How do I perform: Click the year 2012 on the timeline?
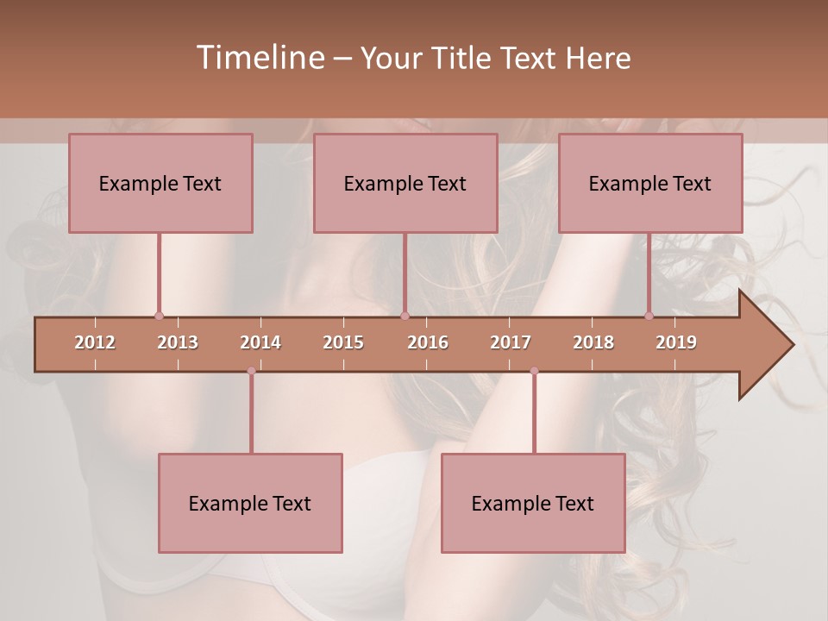(x=95, y=342)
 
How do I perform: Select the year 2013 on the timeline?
(x=178, y=342)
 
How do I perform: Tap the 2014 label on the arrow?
(x=260, y=342)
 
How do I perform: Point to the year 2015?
(x=343, y=342)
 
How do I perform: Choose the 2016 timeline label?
(x=428, y=342)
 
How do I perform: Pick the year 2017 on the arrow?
(x=511, y=342)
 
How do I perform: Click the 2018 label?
(x=593, y=342)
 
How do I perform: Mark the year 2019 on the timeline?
(x=676, y=342)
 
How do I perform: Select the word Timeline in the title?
(x=260, y=58)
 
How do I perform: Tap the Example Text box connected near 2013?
(x=160, y=183)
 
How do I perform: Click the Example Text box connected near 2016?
(x=405, y=183)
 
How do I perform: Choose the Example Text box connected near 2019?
(x=650, y=183)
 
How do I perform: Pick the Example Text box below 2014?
(x=250, y=503)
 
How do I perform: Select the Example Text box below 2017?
(x=533, y=503)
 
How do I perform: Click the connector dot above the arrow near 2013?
(x=159, y=316)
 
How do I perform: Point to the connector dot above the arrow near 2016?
(x=405, y=316)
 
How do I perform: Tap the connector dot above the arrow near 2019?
(x=649, y=316)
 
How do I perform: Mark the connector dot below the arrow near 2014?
(x=251, y=371)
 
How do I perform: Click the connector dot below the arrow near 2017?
(x=534, y=371)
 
